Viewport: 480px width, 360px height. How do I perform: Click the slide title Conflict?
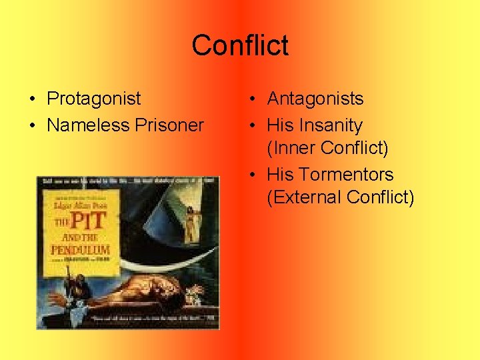click(x=240, y=45)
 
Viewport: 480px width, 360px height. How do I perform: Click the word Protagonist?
click(x=94, y=99)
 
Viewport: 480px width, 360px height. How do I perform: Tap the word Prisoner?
click(x=170, y=125)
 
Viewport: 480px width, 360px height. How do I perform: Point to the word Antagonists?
click(x=315, y=99)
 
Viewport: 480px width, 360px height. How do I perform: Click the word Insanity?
click(x=331, y=125)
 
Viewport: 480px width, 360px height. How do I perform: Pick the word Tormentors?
click(x=346, y=175)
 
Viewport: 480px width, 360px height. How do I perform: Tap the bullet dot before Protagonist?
click(x=32, y=99)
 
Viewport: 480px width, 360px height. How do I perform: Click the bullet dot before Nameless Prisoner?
click(x=32, y=126)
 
